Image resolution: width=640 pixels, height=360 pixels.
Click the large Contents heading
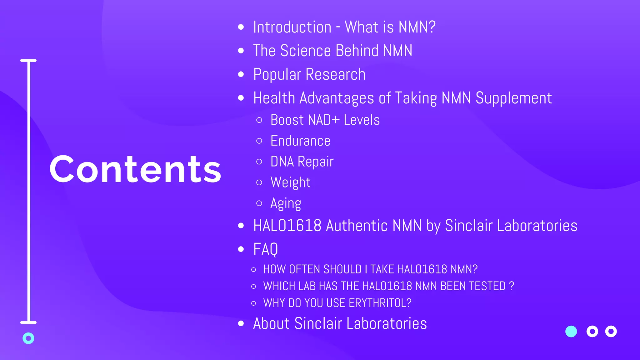tap(135, 169)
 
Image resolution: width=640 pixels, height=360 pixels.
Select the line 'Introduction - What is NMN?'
tap(344, 27)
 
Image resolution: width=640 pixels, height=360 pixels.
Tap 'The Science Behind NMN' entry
tap(332, 51)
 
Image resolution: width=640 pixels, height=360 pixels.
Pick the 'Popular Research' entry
tap(309, 74)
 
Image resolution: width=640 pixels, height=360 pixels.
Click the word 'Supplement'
tap(513, 98)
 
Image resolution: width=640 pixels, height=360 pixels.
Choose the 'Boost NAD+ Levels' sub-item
tap(325, 120)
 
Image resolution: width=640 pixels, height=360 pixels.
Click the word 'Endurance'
tap(300, 141)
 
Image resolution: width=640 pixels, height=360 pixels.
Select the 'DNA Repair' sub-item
tap(302, 162)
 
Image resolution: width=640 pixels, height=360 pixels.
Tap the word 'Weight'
tap(290, 182)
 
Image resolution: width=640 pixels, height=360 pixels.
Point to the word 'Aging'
tap(286, 203)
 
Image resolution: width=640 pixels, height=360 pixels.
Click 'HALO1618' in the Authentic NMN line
tap(287, 226)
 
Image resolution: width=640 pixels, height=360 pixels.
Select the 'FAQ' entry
tap(265, 249)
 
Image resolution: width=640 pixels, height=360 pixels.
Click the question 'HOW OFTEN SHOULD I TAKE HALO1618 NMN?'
tap(370, 269)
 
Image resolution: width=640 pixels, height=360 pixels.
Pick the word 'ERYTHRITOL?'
tap(380, 303)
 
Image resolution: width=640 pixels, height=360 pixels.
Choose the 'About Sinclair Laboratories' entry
tap(340, 323)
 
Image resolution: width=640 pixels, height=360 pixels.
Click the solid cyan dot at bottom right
tap(571, 332)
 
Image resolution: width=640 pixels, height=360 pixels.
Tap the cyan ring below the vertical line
tap(28, 338)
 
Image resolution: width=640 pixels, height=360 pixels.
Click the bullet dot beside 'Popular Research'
tap(241, 74)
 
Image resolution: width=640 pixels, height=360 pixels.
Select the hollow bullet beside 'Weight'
tap(259, 182)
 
